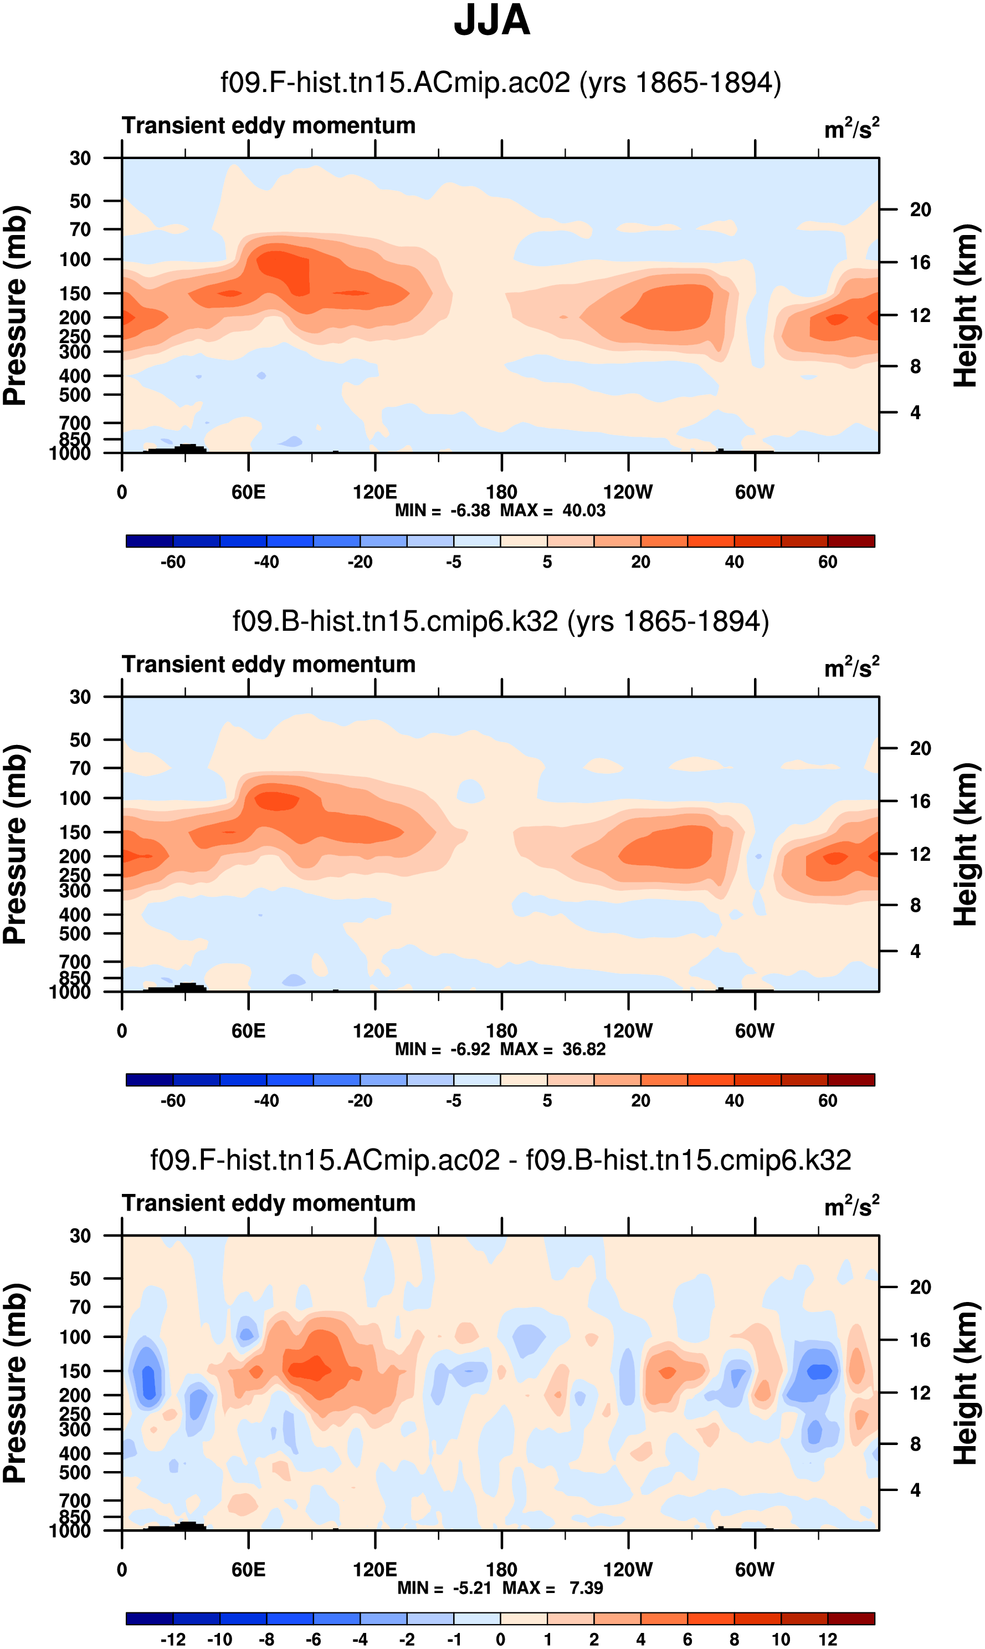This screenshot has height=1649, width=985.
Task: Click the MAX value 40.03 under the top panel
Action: pyautogui.click(x=583, y=510)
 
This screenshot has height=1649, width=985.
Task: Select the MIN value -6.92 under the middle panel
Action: pyautogui.click(x=470, y=1049)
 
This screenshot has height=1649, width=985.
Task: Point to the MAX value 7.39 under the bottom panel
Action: pyautogui.click(x=586, y=1588)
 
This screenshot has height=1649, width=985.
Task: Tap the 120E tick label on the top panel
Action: pyautogui.click(x=375, y=492)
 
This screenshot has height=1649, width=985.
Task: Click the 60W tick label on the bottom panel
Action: pyautogui.click(x=755, y=1569)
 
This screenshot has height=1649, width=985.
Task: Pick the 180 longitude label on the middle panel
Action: pyautogui.click(x=501, y=1031)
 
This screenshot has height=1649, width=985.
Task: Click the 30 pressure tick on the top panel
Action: pyautogui.click(x=80, y=158)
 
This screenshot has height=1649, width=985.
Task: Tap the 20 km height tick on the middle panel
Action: pyautogui.click(x=920, y=748)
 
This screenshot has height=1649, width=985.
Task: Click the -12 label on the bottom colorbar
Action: pyautogui.click(x=173, y=1640)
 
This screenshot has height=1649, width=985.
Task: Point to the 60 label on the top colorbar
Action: pyautogui.click(x=828, y=562)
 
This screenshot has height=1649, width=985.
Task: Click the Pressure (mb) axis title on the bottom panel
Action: pyautogui.click(x=14, y=1383)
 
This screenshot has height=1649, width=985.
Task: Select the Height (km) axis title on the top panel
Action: pyautogui.click(x=966, y=305)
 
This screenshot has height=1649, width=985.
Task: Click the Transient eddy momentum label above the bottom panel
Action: pyautogui.click(x=269, y=1203)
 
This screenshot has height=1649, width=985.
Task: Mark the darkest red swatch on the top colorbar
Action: pyautogui.click(x=851, y=541)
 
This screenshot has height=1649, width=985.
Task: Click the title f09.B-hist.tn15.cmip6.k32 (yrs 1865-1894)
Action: pyautogui.click(x=500, y=621)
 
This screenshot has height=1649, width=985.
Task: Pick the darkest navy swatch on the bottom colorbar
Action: pyautogui.click(x=150, y=1619)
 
